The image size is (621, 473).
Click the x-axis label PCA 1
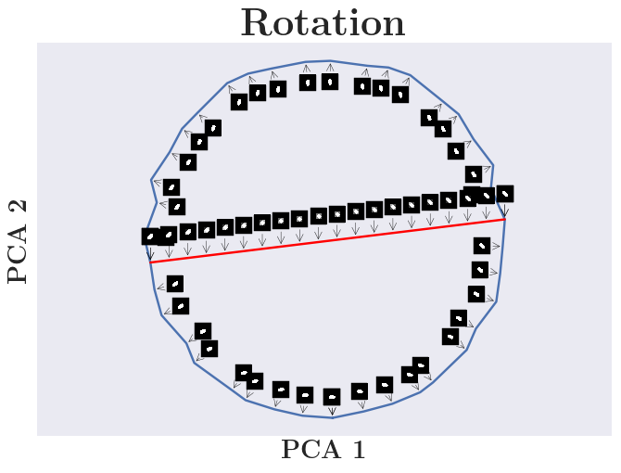[x=323, y=451]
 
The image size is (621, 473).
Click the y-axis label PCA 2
[x=19, y=240]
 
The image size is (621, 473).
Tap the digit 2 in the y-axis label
[x=19, y=207]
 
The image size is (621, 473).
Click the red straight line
[x=327, y=241]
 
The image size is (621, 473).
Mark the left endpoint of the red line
[x=150, y=262]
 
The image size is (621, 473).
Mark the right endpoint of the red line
[x=505, y=220]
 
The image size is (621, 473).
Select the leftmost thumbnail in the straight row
[x=150, y=236]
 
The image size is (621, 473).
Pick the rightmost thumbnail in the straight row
[x=505, y=194]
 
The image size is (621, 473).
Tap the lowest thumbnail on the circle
[x=332, y=397]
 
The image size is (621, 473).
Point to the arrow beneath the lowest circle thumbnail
[x=332, y=409]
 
